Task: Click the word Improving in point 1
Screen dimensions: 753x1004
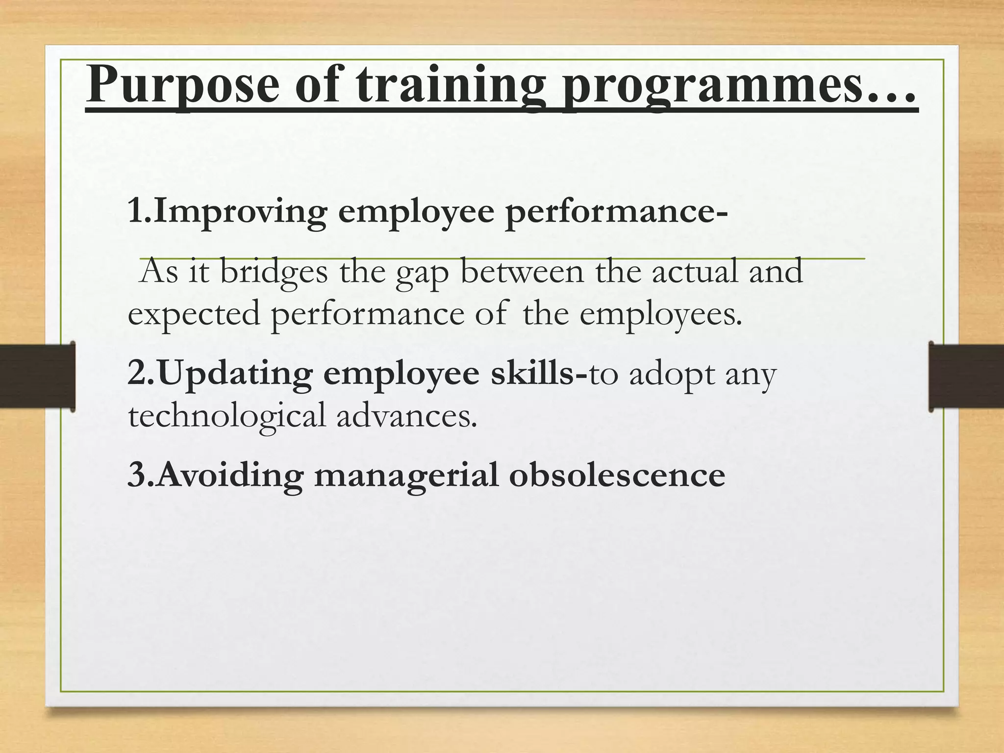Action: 240,212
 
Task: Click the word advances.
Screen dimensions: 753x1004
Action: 407,416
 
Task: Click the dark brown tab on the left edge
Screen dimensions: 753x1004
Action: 37,376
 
